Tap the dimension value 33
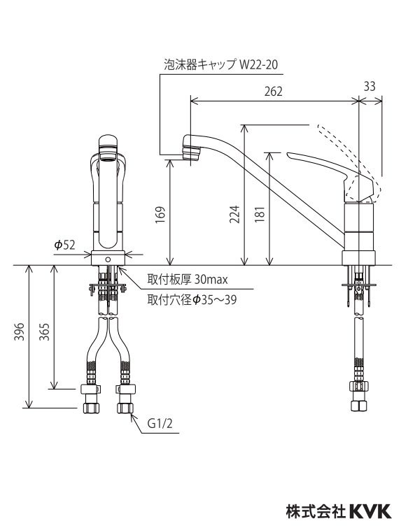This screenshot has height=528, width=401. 370,86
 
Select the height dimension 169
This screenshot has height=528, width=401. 160,213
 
